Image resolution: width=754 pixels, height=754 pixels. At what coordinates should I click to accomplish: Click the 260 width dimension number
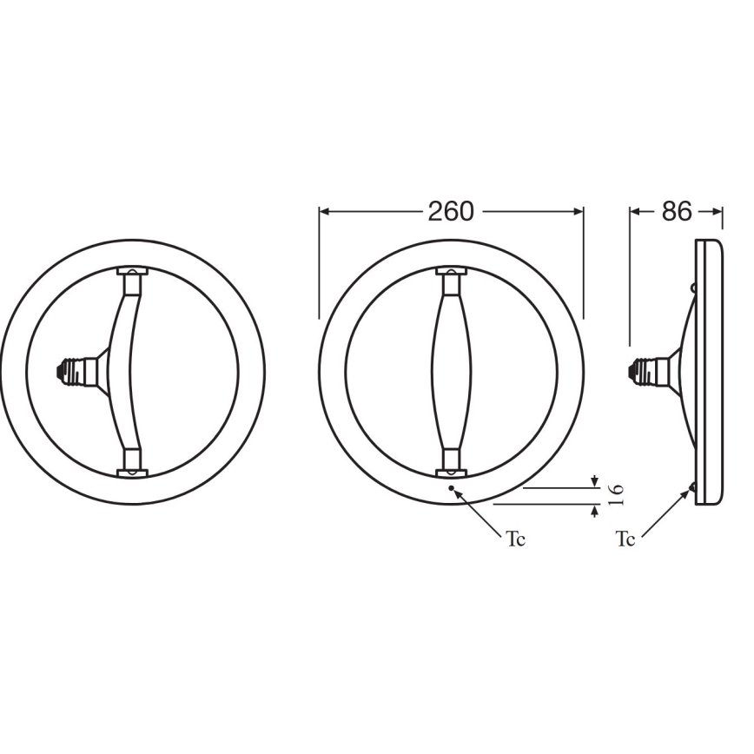pyautogui.click(x=451, y=211)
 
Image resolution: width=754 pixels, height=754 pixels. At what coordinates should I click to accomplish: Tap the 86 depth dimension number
pyautogui.click(x=676, y=211)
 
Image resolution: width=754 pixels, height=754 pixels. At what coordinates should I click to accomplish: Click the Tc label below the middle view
pyautogui.click(x=516, y=539)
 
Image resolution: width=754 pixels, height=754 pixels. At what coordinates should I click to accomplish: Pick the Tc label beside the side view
pyautogui.click(x=625, y=539)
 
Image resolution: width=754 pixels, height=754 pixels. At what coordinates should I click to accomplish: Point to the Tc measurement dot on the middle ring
pyautogui.click(x=451, y=489)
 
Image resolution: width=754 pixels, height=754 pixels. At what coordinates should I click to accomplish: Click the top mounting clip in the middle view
pyautogui.click(x=451, y=275)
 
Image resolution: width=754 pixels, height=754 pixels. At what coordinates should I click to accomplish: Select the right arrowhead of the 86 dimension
pyautogui.click(x=717, y=211)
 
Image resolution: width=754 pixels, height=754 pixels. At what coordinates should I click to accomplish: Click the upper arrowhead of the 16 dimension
pyautogui.click(x=594, y=481)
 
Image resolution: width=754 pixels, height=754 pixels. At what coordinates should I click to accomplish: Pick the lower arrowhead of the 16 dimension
pyautogui.click(x=594, y=510)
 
